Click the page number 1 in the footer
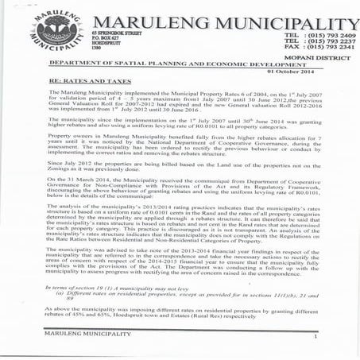[315, 339]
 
